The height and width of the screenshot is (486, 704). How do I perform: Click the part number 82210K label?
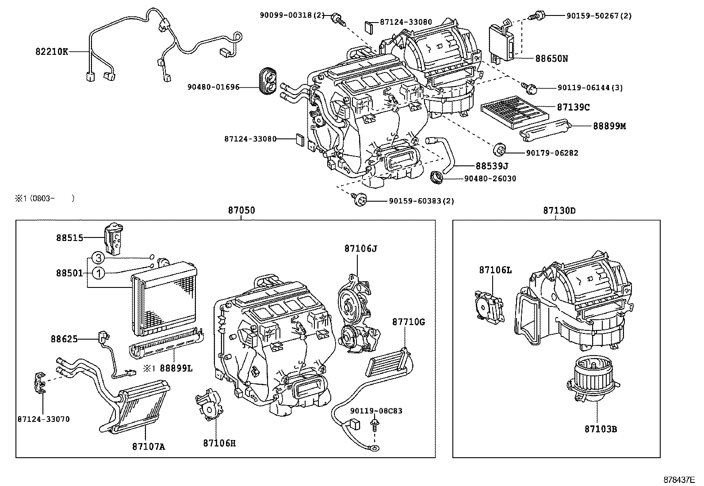pyautogui.click(x=52, y=52)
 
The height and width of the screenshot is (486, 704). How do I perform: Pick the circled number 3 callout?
pyautogui.click(x=99, y=258)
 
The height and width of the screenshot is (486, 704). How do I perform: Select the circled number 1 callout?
pyautogui.click(x=99, y=273)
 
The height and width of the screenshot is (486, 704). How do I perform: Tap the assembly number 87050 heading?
pyautogui.click(x=241, y=210)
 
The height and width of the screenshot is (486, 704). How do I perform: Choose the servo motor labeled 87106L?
pyautogui.click(x=488, y=304)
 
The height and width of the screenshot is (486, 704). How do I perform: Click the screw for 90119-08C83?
pyautogui.click(x=374, y=426)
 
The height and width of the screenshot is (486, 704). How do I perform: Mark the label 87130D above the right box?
pyautogui.click(x=559, y=210)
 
